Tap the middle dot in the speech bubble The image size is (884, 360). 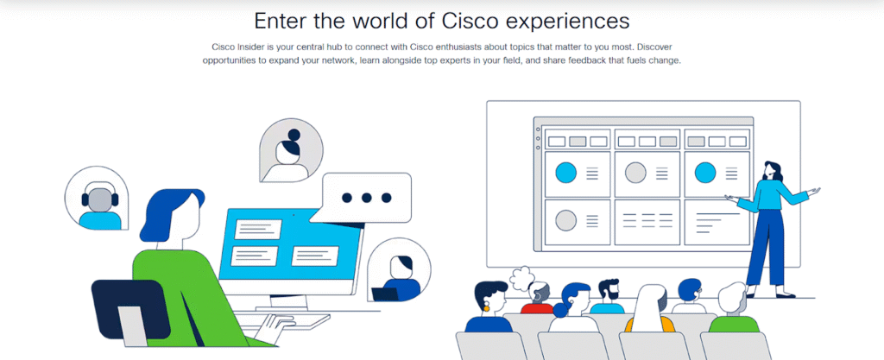[366, 198]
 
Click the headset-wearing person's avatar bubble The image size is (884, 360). [97, 199]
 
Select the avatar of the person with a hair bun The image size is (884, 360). [292, 151]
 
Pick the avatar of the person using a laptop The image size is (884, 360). [399, 270]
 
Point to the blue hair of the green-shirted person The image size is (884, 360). [168, 212]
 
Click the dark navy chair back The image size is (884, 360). [130, 309]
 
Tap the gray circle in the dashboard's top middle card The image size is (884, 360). [635, 173]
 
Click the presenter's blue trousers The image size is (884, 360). [766, 246]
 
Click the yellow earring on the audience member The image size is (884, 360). [485, 307]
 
